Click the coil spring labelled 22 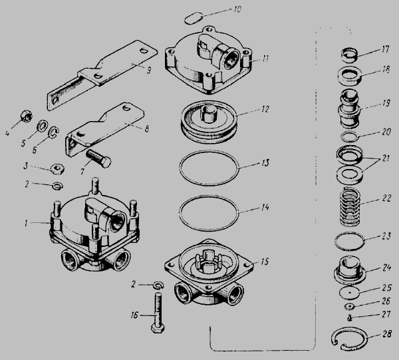click(x=350, y=207)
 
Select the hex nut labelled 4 click(x=27, y=116)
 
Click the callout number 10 click(x=237, y=10)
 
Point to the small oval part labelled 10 click(x=193, y=19)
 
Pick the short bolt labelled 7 click(x=98, y=158)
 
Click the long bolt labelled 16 click(x=158, y=312)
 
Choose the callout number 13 click(x=265, y=163)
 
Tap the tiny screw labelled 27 click(x=350, y=317)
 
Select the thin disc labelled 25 click(x=350, y=293)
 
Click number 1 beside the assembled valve click(x=26, y=224)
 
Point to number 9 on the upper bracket click(x=149, y=70)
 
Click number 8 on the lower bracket click(x=146, y=129)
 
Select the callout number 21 click(x=386, y=158)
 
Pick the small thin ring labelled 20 click(x=349, y=137)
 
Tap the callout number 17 click(x=386, y=49)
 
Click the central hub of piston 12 click(x=209, y=113)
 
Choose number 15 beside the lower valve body click(x=265, y=262)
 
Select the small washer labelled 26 click(x=349, y=307)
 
